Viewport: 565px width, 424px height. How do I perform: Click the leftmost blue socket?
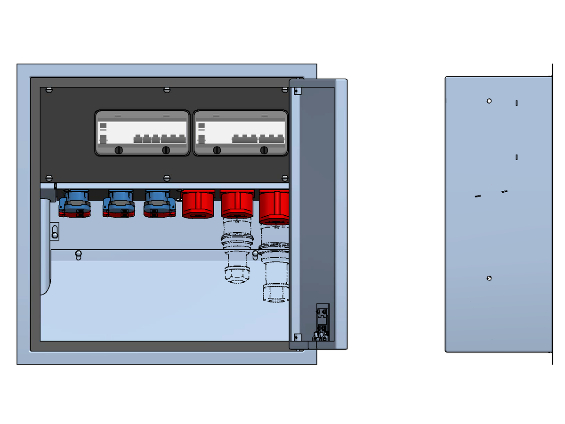[x=74, y=204]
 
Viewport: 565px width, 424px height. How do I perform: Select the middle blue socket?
[x=118, y=204]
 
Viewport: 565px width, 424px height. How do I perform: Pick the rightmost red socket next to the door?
[x=274, y=206]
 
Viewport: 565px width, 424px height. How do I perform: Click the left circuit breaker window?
[x=142, y=133]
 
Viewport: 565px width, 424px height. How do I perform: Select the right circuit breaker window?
[x=241, y=133]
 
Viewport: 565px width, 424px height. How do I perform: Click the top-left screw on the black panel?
[x=49, y=90]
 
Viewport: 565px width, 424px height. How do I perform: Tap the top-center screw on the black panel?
[x=166, y=90]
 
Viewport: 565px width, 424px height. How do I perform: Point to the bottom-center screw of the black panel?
[x=166, y=178]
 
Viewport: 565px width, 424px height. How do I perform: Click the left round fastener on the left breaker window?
[x=119, y=150]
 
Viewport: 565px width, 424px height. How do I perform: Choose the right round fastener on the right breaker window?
[x=264, y=150]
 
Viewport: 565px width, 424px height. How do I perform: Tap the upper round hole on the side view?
[x=489, y=101]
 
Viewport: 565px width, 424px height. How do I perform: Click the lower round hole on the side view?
[x=489, y=278]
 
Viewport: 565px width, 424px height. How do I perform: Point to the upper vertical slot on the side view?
[x=517, y=103]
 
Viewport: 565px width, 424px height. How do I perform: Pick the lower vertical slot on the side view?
[x=517, y=157]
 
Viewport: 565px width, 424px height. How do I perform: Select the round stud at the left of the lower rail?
[x=79, y=255]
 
